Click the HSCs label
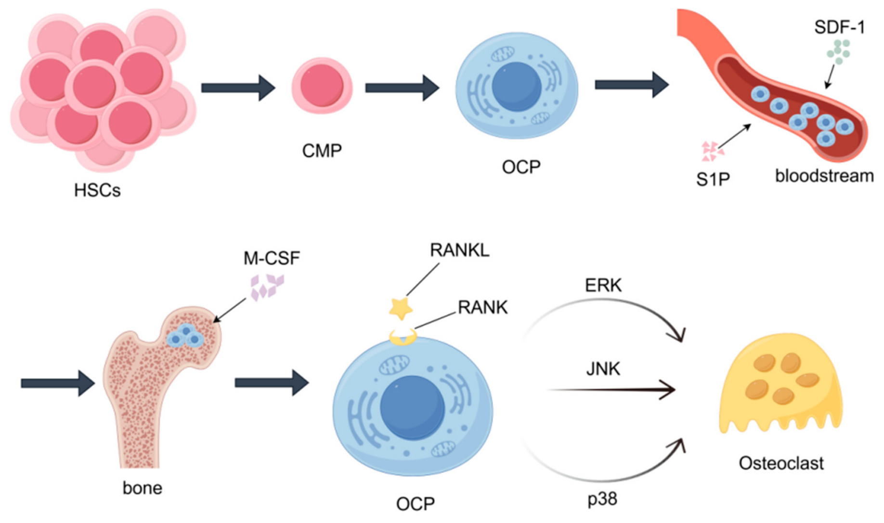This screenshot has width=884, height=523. click(x=97, y=190)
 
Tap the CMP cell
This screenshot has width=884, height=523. click(x=322, y=86)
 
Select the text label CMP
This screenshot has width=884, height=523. click(x=322, y=151)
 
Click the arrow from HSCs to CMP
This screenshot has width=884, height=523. click(x=238, y=88)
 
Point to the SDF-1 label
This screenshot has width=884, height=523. click(x=840, y=27)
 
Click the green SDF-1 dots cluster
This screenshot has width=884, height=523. click(x=838, y=51)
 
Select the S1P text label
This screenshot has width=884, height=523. click(x=713, y=179)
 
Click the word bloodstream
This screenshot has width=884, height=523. click(x=824, y=176)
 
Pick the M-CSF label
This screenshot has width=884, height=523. click(x=272, y=258)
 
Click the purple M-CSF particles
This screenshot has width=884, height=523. click(x=267, y=287)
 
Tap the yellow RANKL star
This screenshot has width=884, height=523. click(x=401, y=308)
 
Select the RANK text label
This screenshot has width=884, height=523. click(x=482, y=307)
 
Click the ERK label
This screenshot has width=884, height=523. click(x=603, y=285)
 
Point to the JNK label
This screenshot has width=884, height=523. click(x=603, y=369)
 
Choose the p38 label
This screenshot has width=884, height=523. click(x=602, y=499)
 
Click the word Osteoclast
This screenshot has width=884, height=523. click(x=781, y=463)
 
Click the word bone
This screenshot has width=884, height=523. click(x=142, y=488)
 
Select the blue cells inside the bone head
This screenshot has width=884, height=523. click(x=185, y=336)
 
